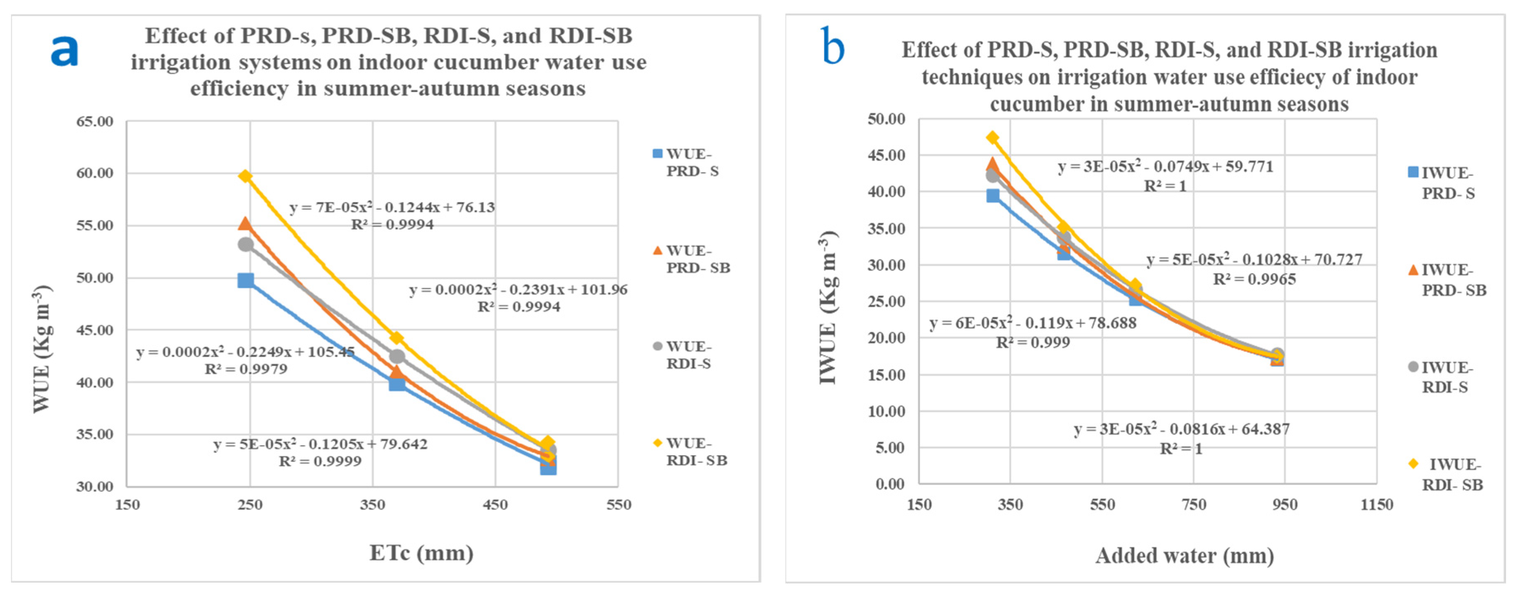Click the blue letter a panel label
click(x=64, y=51)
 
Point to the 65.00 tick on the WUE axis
click(x=95, y=122)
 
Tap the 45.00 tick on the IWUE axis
click(x=886, y=155)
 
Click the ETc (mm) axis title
click(x=421, y=553)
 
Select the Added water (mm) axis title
click(x=1184, y=555)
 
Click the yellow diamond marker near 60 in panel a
click(x=245, y=176)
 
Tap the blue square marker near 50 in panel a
click(x=245, y=280)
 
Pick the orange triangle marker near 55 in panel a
click(x=245, y=223)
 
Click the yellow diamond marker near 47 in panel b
click(x=992, y=138)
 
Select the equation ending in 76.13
click(x=392, y=208)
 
